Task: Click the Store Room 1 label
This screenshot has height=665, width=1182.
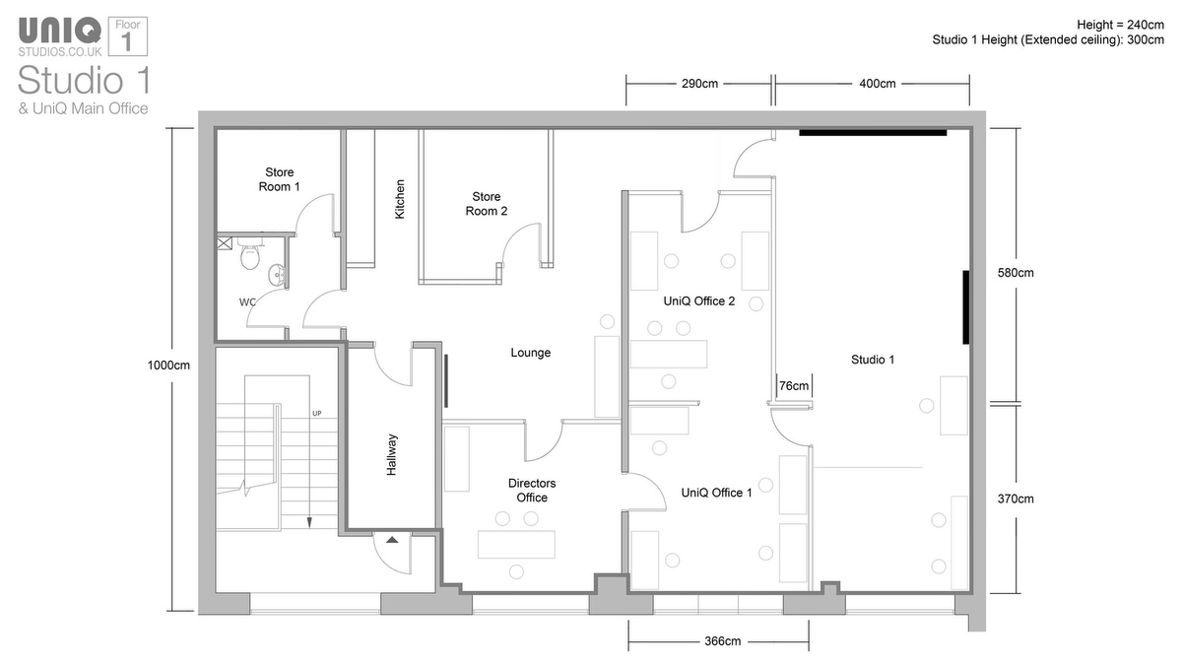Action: pos(279,179)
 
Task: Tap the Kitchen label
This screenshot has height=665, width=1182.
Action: pos(400,199)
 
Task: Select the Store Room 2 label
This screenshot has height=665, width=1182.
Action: pos(486,204)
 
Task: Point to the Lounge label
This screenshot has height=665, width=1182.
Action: pos(530,353)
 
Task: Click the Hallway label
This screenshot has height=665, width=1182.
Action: pos(392,455)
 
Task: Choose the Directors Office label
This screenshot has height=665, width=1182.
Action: pos(532,491)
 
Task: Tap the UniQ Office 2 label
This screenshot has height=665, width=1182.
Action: pos(699,301)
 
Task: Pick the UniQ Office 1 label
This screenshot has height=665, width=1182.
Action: pos(717,493)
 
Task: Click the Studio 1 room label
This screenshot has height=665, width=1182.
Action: pos(873,360)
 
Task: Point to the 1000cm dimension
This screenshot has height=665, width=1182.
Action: pos(168,366)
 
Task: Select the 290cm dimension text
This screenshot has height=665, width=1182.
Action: pos(699,84)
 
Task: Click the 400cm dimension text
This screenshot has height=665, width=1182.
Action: pos(877,84)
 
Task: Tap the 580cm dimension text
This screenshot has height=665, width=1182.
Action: pos(1016,273)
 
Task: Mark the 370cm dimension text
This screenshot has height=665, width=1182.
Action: pos(1016,499)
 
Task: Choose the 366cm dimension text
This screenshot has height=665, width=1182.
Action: pos(722,641)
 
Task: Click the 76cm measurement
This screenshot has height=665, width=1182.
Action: pos(794,386)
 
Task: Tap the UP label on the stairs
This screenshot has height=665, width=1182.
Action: pos(316,414)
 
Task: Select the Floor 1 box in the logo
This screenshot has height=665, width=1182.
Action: pos(128,36)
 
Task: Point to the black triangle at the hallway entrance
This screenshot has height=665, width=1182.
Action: pos(392,540)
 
